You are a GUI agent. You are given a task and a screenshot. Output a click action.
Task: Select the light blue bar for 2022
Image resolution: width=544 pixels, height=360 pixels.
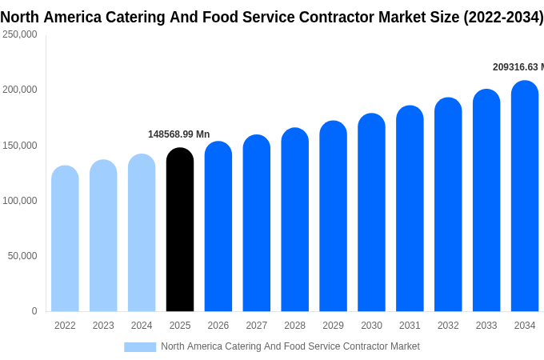65,239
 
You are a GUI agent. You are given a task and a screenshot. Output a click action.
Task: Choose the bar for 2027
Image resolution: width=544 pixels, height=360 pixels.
257,223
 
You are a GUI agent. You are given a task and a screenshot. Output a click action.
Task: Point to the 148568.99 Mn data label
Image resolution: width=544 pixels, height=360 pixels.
179,134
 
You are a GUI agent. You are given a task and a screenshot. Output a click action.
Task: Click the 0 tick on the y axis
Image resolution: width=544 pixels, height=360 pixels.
34,311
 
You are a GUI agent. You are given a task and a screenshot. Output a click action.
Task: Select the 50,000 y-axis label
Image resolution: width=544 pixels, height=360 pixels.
22,256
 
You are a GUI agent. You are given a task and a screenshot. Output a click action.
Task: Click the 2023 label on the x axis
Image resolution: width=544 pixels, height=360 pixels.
103,326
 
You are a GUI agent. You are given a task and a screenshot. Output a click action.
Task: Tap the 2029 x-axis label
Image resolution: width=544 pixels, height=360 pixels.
333,326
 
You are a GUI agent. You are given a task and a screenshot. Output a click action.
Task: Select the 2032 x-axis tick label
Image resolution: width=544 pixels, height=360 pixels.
448,326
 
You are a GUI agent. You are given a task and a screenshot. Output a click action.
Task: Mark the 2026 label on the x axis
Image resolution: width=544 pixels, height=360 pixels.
218,326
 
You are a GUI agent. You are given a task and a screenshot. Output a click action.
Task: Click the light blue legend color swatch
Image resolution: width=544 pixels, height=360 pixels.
140,346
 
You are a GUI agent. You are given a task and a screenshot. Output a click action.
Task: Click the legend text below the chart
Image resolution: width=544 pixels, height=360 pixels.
290,346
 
